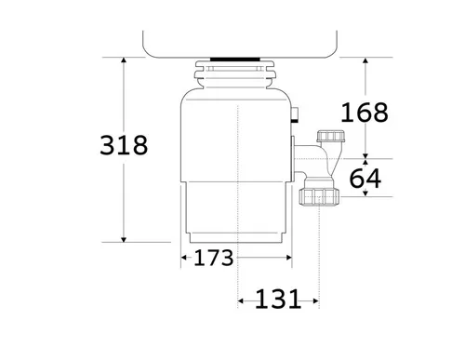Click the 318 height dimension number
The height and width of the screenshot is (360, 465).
(124, 145)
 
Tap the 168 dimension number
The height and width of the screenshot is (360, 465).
(365, 113)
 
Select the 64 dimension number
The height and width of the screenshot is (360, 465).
(365, 179)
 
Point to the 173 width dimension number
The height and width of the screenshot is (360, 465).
(213, 258)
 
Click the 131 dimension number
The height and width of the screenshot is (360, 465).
(278, 299)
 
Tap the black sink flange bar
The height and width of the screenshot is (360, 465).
(235, 60)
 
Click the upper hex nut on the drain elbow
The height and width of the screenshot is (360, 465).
(330, 137)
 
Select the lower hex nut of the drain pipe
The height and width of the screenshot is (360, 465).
(319, 196)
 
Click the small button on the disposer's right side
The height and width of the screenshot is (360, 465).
(295, 114)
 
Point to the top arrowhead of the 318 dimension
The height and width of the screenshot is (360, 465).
(124, 60)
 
